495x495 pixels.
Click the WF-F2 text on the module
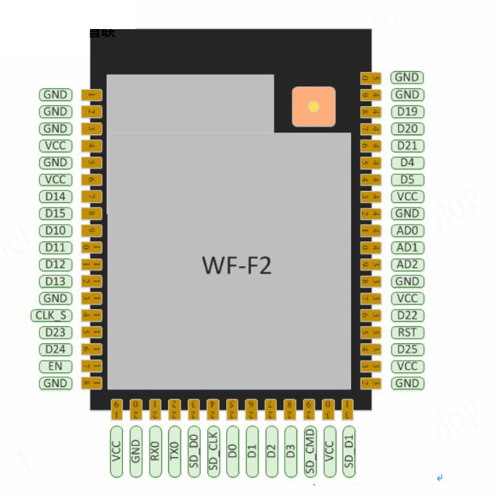click(x=236, y=265)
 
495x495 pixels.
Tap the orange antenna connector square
click(x=314, y=106)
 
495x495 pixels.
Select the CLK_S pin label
click(x=51, y=316)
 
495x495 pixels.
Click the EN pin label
click(x=55, y=366)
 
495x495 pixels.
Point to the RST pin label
click(x=407, y=332)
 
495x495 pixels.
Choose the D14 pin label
click(x=55, y=197)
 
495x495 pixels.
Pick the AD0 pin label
click(x=407, y=231)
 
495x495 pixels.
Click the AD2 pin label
click(x=407, y=264)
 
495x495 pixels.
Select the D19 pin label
click(x=407, y=112)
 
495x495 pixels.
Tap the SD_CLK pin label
click(x=213, y=451)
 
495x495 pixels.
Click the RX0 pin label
click(x=155, y=451)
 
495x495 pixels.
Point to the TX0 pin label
click(x=174, y=451)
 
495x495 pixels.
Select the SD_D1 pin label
click(x=349, y=451)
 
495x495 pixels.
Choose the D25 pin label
click(x=407, y=350)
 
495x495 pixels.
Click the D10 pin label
click(x=55, y=231)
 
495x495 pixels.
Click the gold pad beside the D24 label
click(x=91, y=350)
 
